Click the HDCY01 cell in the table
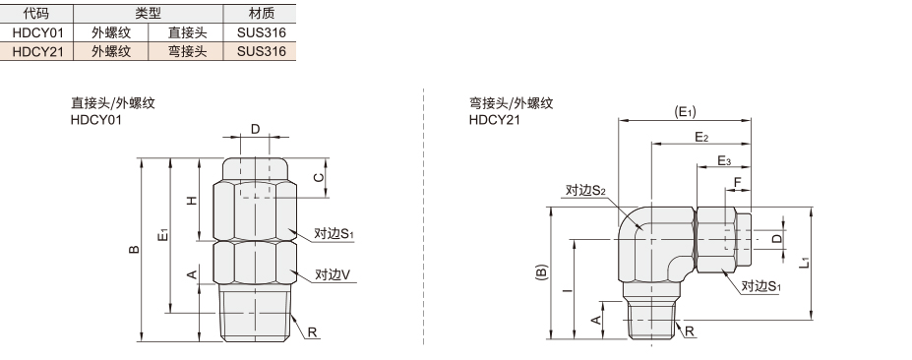click(x=37, y=32)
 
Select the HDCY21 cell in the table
click(x=37, y=51)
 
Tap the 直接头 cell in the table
click(x=187, y=32)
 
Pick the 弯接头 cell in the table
click(x=187, y=51)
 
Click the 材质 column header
click(x=261, y=13)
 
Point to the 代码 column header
click(x=36, y=13)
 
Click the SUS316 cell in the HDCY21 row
click(x=261, y=51)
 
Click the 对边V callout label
click(x=333, y=274)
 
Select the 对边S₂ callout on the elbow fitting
click(x=585, y=190)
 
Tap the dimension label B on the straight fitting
click(x=134, y=250)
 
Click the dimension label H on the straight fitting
click(x=192, y=201)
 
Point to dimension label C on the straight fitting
click(x=318, y=177)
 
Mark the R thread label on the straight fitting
click(x=312, y=332)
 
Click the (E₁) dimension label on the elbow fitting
click(x=685, y=112)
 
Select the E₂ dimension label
click(x=701, y=137)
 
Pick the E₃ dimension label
click(x=723, y=160)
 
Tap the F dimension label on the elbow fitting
click(x=738, y=183)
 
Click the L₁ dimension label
click(x=804, y=263)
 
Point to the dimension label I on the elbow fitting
click(x=567, y=289)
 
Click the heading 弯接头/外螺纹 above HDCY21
click(x=512, y=103)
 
